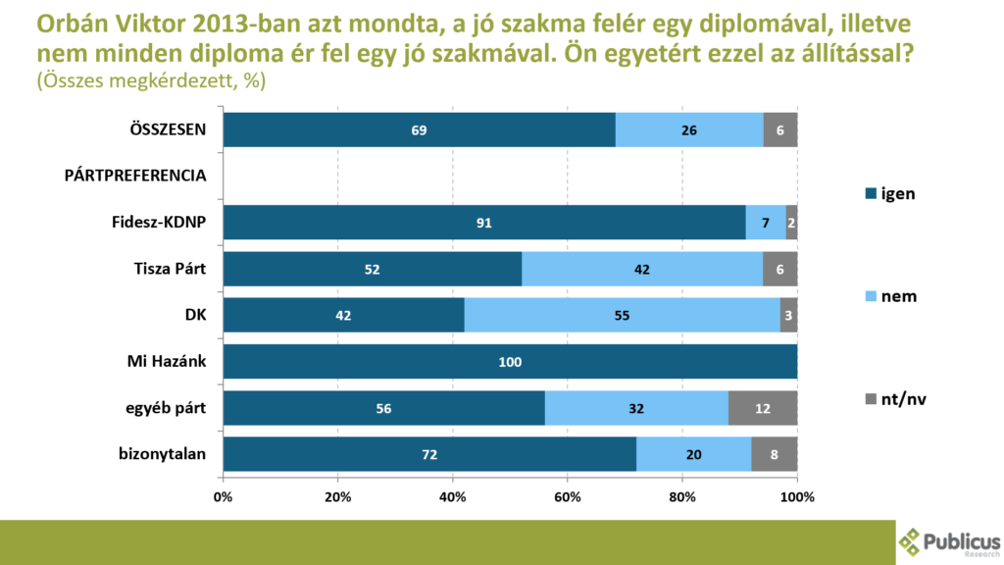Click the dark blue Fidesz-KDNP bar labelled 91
[x=484, y=223]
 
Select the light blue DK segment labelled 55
[x=622, y=316]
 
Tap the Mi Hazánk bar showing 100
[x=510, y=362]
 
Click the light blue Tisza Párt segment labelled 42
[x=642, y=269]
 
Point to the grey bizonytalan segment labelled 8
[x=775, y=454]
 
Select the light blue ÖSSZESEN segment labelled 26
[x=689, y=129]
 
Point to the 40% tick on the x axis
[x=453, y=496]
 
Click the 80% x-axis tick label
[x=682, y=496]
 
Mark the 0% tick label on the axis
[x=224, y=496]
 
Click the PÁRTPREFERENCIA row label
[x=135, y=177]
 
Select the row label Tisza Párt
[x=170, y=269]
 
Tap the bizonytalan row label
[x=162, y=454]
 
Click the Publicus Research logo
[x=948, y=542]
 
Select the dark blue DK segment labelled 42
[x=343, y=316]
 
